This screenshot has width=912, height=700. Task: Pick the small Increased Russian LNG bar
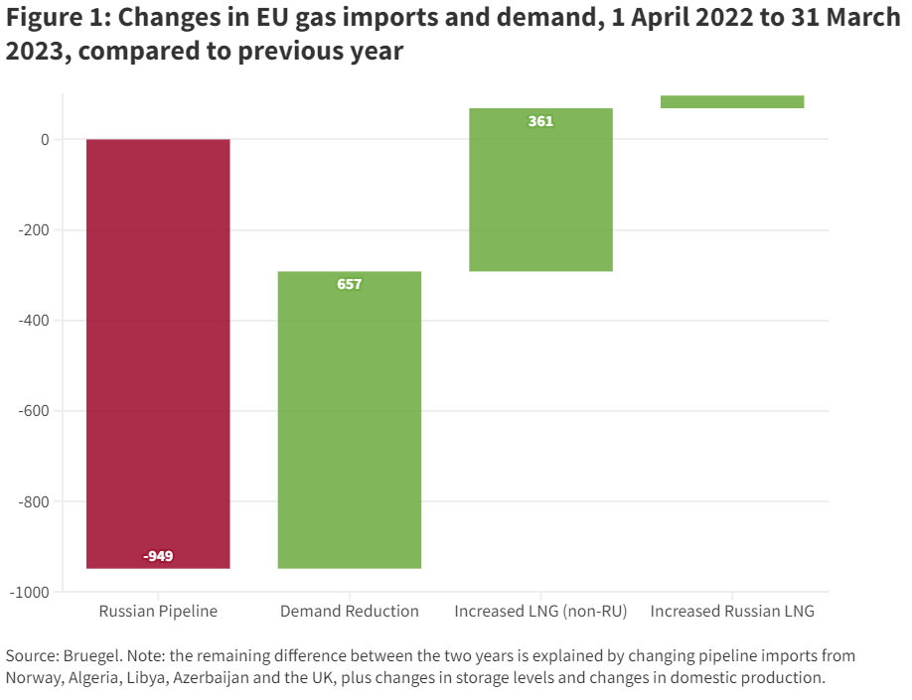732,101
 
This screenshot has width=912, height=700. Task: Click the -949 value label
158,555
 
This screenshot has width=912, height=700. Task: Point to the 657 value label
350,284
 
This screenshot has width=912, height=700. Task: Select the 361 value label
540,121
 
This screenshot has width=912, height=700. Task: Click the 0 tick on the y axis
45,139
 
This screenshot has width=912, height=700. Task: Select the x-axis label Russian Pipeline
158,612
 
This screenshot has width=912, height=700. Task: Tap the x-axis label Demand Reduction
350,612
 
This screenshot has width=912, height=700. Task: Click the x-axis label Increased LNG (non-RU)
540,612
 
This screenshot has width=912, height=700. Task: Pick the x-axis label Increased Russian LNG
732,612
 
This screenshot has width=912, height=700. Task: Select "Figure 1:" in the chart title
49,19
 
